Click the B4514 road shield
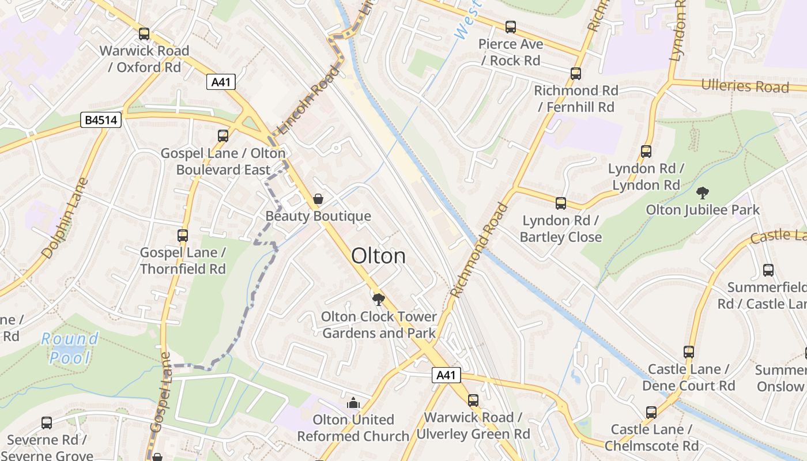click(101, 120)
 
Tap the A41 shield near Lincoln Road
click(221, 82)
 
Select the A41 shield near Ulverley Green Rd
click(446, 376)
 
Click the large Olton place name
click(378, 256)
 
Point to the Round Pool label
click(70, 348)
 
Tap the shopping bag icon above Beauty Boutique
click(318, 199)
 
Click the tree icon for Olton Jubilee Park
click(702, 193)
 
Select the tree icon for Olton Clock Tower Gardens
click(378, 299)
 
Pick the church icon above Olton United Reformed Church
click(353, 403)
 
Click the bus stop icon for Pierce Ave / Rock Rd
click(511, 27)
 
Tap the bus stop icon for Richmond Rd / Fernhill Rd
click(575, 74)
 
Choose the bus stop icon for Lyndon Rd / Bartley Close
click(560, 203)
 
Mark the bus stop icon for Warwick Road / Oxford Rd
click(144, 34)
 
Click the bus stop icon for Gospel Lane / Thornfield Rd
click(183, 236)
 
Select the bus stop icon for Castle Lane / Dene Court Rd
click(688, 352)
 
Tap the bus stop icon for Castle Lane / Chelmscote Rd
click(651, 413)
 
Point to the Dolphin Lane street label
click(65, 218)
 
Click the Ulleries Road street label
click(745, 86)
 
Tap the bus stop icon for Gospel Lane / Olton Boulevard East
click(223, 136)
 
